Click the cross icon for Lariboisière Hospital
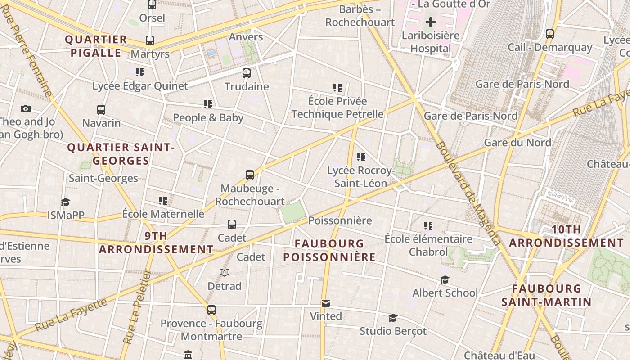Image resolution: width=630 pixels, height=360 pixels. pos(431,22)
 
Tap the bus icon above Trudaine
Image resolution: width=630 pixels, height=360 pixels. pos(247,73)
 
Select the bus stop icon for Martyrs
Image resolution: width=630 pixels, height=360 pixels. pos(150,40)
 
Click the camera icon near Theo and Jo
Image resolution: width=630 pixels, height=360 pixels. pos(26,108)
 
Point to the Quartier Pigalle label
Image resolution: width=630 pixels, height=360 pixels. pos(96,46)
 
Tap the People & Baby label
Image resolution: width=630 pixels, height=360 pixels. pos(208,118)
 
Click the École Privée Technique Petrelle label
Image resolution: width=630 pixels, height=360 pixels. pos(337,108)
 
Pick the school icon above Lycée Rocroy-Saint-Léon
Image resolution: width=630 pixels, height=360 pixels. pos(360,157)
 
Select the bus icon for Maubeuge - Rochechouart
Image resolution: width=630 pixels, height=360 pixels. pos(250,175)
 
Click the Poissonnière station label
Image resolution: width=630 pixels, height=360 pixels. pos(340,220)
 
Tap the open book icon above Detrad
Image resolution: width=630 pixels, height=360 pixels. pos(225,272)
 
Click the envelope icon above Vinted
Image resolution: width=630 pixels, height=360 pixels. pos(326,303)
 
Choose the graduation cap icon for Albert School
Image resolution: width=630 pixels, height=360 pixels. pos(445,280)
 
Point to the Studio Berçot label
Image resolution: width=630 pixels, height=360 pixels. pos(393,331)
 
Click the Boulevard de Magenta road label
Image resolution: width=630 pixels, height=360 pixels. pos(468,193)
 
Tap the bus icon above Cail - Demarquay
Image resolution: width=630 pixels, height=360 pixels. pos(549,34)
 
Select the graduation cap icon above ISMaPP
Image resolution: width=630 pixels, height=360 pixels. pos(66,202)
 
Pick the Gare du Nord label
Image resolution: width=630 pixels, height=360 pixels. pos(517,143)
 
